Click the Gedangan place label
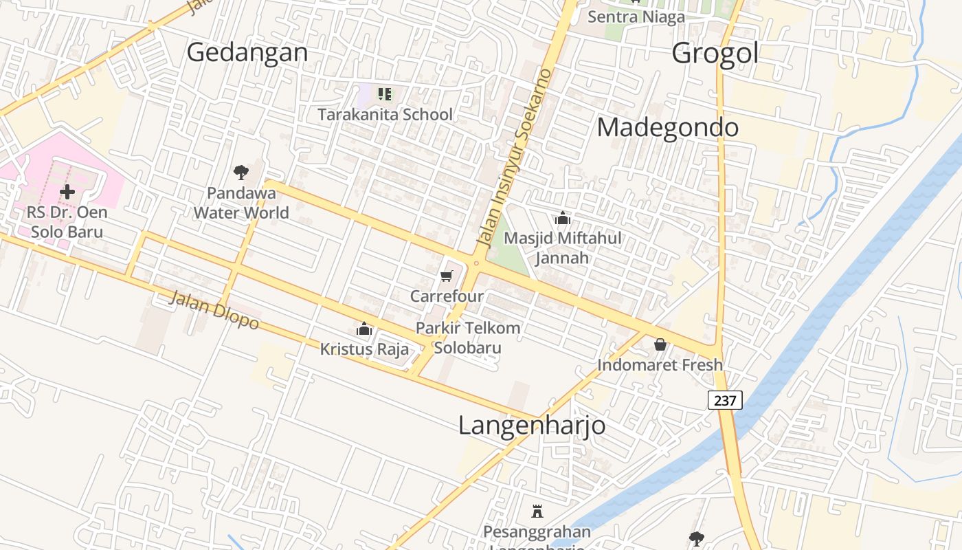point(247,52)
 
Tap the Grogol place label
point(715,53)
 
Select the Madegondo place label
point(668,127)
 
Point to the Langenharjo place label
point(532,426)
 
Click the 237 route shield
point(725,400)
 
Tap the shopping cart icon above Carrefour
point(447,276)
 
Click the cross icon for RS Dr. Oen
point(67,192)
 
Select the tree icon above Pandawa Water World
point(241,172)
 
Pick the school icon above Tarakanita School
point(385,94)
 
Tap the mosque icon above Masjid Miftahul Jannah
point(563,219)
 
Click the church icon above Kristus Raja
point(364,329)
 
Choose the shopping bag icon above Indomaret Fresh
point(660,344)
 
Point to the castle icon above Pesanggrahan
point(537,511)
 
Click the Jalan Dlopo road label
point(214,310)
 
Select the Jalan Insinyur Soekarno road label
point(515,158)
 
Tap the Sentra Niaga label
point(636,17)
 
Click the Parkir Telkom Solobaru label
point(468,338)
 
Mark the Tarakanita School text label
point(385,115)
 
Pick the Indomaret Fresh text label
point(660,365)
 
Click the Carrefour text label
point(447,296)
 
